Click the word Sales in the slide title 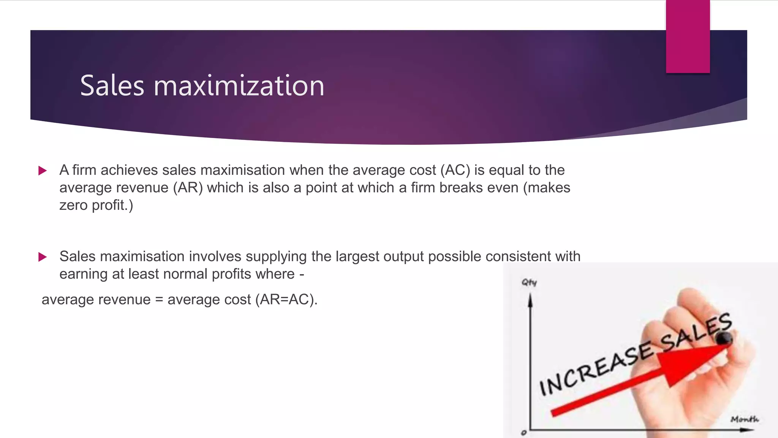pos(112,86)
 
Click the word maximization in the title pos(239,86)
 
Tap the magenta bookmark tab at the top pos(688,36)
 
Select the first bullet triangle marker pos(43,171)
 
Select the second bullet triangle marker pos(43,257)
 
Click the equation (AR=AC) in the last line pos(286,300)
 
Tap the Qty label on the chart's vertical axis pos(529,282)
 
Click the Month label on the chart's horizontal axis pos(744,419)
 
